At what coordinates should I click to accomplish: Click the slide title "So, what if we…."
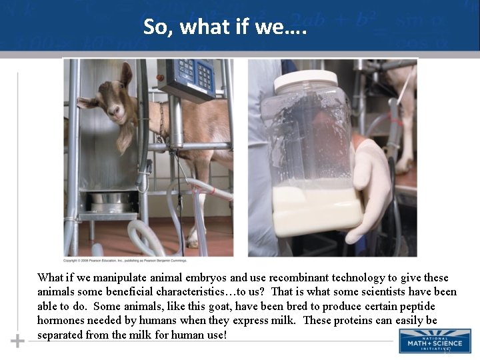pyautogui.click(x=225, y=27)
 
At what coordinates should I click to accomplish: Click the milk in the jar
pyautogui.click(x=313, y=210)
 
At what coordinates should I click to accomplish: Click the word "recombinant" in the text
pyautogui.click(x=285, y=277)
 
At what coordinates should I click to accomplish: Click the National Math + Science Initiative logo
pyautogui.click(x=435, y=341)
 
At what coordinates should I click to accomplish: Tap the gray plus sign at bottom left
pyautogui.click(x=17, y=341)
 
